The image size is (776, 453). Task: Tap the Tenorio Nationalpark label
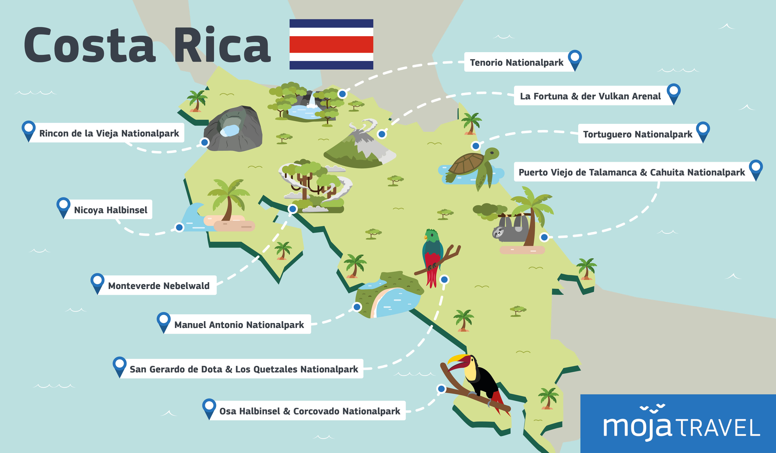tap(516, 63)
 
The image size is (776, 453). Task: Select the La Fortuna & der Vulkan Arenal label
tap(590, 96)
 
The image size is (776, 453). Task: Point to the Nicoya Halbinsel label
tap(111, 210)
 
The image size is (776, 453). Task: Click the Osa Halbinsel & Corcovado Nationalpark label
tap(309, 411)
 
